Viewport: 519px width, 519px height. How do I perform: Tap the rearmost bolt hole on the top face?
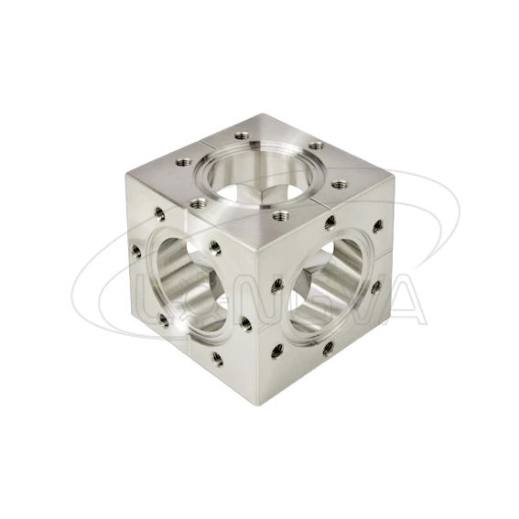(316, 145)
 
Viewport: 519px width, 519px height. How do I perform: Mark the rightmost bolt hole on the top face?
(346, 186)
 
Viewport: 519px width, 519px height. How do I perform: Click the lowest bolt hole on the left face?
(217, 360)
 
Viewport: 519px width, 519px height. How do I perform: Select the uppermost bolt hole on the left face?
(160, 213)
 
